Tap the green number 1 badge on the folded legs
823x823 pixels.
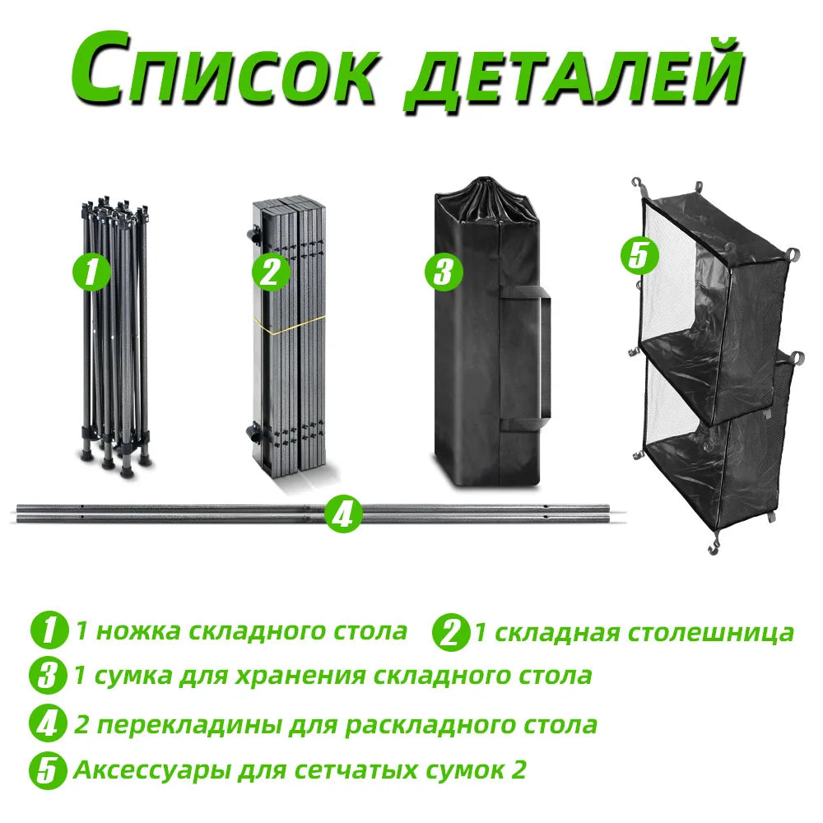[91, 272]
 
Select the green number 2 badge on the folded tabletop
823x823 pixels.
[270, 272]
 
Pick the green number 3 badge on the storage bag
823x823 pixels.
[444, 272]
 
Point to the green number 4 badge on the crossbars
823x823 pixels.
[343, 514]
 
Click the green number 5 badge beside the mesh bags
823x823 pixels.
[639, 256]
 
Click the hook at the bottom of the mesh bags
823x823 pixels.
[712, 548]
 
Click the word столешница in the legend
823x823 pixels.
[711, 633]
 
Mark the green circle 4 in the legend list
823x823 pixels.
[49, 724]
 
